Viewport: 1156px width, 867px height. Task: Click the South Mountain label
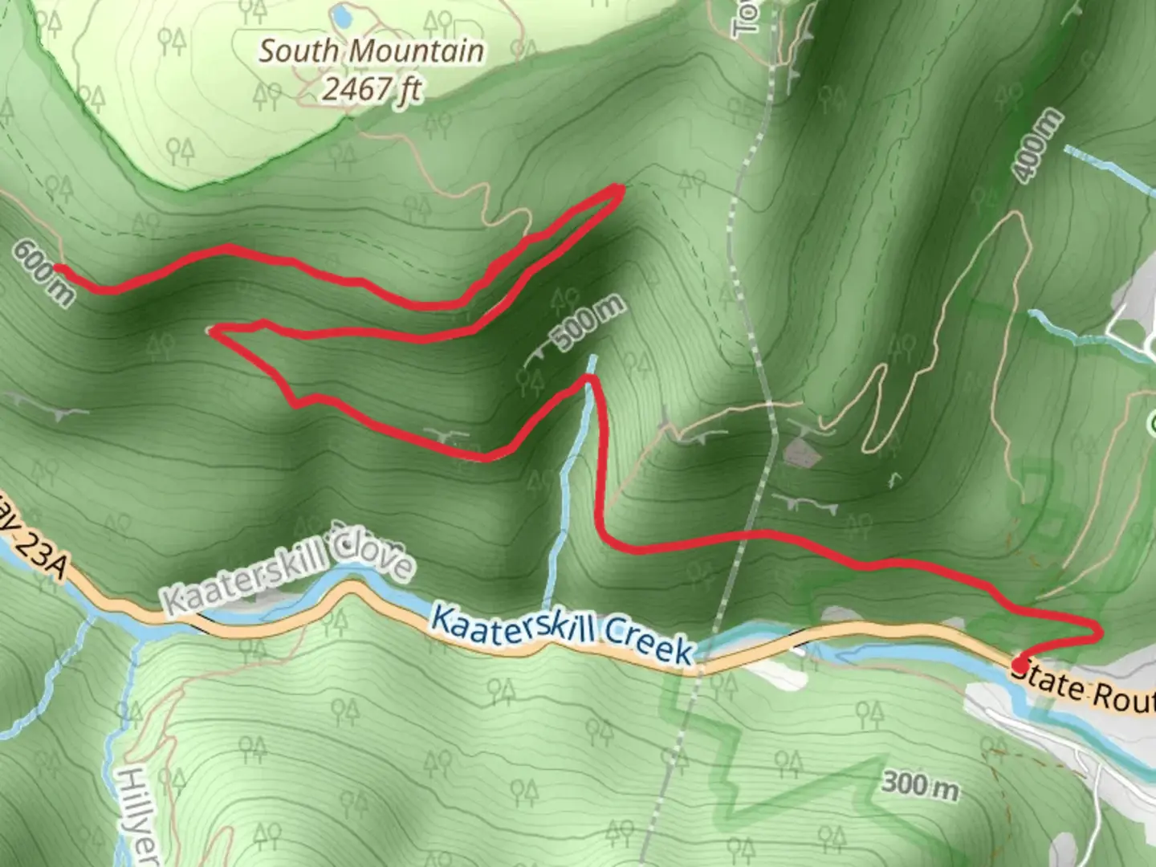point(372,51)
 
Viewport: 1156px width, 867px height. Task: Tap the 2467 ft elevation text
point(372,89)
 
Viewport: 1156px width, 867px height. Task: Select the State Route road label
point(1084,690)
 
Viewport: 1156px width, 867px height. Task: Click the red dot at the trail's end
point(1019,665)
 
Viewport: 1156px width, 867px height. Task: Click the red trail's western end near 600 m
point(56,268)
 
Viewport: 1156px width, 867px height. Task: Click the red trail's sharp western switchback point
point(210,329)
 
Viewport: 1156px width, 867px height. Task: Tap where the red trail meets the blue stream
point(590,377)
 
